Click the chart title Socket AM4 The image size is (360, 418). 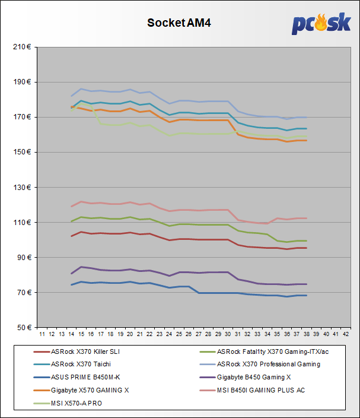click(179, 23)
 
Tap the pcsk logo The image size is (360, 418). click(320, 24)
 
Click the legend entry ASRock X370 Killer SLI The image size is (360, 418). click(86, 351)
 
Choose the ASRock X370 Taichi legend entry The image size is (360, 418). click(81, 364)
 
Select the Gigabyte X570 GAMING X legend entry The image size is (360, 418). click(88, 390)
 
